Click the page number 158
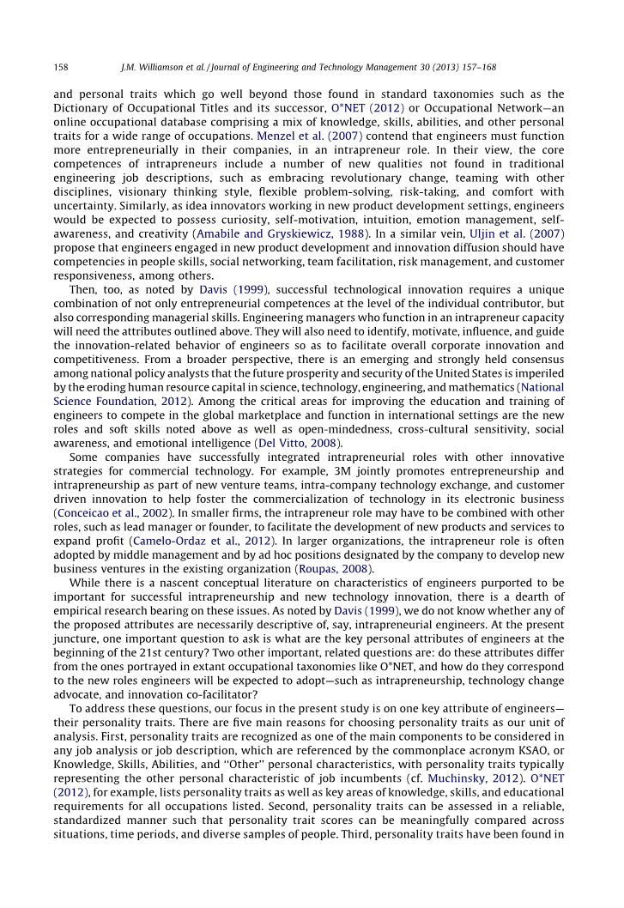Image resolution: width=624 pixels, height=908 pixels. pos(61,67)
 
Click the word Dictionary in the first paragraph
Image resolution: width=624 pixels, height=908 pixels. pos(83,108)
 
